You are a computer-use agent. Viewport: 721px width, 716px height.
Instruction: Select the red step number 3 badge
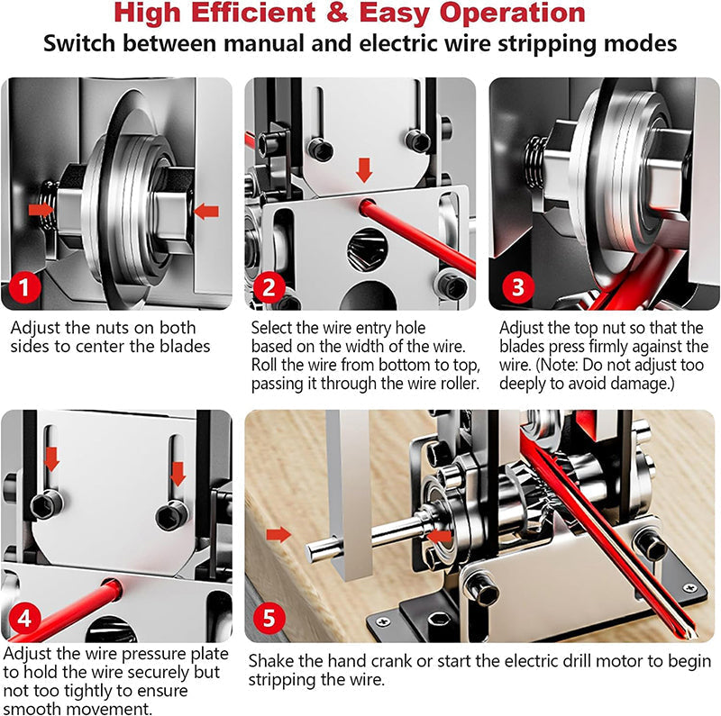click(516, 288)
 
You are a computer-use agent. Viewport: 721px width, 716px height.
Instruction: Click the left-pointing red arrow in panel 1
click(206, 212)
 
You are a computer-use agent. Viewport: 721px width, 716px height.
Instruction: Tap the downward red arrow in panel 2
click(364, 169)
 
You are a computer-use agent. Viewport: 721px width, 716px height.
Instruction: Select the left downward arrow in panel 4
click(51, 458)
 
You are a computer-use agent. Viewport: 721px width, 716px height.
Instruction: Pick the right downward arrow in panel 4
click(178, 472)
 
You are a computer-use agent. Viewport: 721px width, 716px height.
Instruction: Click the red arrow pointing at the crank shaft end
click(280, 534)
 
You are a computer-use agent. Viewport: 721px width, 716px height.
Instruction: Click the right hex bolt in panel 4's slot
click(171, 515)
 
